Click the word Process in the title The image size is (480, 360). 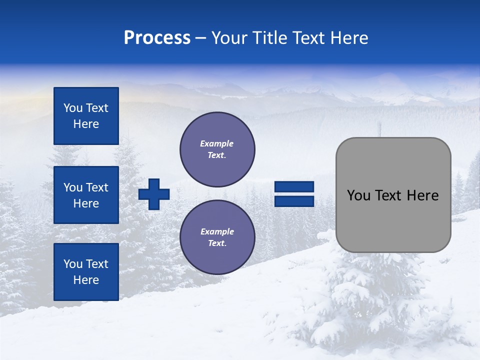click(157, 38)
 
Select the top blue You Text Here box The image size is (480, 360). click(86, 116)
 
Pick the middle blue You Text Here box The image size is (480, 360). click(86, 195)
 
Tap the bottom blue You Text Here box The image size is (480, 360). click(86, 271)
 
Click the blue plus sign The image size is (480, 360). click(154, 194)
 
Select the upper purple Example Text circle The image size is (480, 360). click(217, 149)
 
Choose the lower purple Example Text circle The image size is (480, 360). click(217, 237)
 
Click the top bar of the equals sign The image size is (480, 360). click(294, 187)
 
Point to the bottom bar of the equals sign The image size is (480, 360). click(294, 201)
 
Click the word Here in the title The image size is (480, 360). click(348, 38)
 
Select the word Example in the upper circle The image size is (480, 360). click(217, 143)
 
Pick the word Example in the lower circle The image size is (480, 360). click(217, 231)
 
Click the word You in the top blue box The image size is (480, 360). click(73, 108)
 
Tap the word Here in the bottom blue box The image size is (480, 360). click(86, 280)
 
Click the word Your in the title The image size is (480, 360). click(229, 38)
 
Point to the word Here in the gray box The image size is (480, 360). click(422, 195)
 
